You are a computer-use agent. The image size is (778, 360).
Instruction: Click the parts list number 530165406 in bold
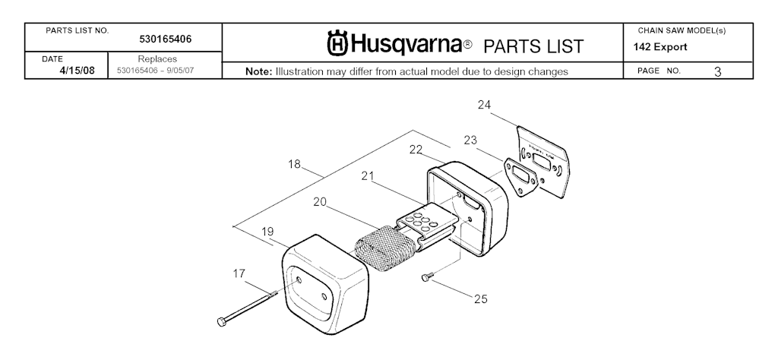click(166, 39)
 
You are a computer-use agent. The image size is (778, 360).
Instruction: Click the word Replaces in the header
click(157, 58)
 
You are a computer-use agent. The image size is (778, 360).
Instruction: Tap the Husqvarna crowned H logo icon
click(338, 43)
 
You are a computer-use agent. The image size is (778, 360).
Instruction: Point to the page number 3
click(717, 71)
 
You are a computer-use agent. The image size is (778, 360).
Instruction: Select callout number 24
click(484, 105)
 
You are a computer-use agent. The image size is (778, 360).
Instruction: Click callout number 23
click(470, 140)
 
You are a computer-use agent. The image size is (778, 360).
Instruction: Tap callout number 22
click(415, 149)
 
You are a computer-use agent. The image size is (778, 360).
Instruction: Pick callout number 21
click(368, 176)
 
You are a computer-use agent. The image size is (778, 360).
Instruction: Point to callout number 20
click(320, 202)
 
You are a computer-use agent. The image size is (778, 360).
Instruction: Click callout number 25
click(480, 299)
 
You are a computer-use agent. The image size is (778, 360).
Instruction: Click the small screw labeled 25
click(426, 279)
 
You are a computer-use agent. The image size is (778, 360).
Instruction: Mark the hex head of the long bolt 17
click(220, 323)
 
